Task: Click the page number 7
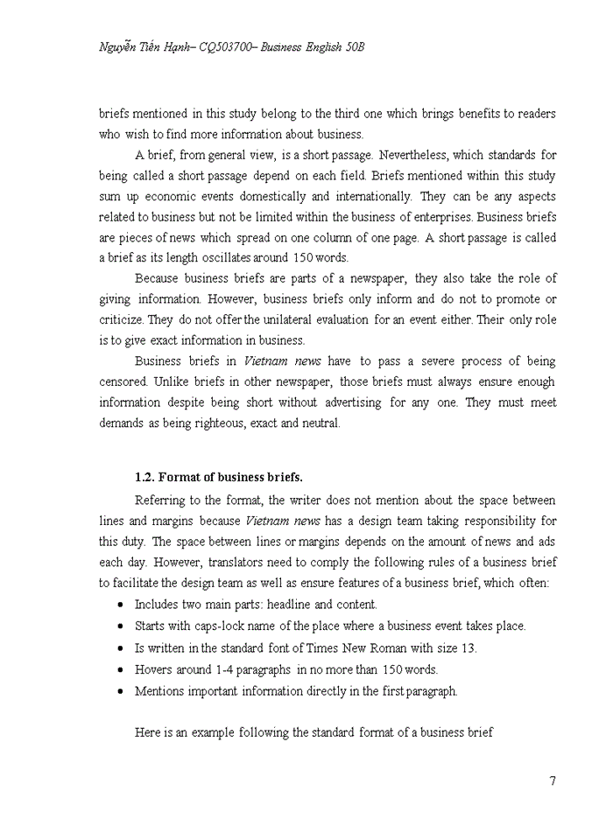point(552,781)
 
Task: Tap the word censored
point(125,381)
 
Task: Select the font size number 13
point(466,647)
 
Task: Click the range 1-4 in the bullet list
point(226,669)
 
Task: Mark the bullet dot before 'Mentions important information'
point(120,691)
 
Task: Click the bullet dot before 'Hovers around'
point(120,670)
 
